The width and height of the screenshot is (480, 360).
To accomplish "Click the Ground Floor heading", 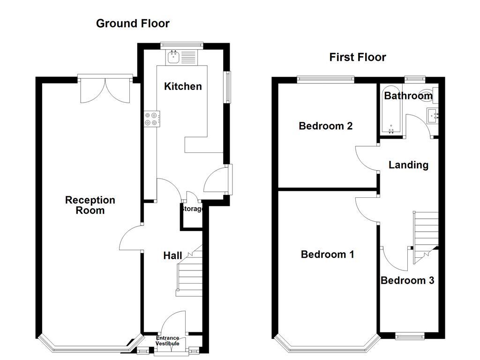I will (x=133, y=23).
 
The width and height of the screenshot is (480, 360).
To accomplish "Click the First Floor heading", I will (x=358, y=57).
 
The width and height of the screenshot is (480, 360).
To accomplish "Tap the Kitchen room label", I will (x=183, y=86).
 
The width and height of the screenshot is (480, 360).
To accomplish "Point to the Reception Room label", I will (x=90, y=205).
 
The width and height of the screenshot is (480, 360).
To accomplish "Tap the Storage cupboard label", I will (x=192, y=209).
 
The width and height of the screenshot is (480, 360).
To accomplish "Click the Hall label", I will (x=172, y=255).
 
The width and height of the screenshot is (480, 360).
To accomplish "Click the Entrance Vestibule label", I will (x=168, y=341).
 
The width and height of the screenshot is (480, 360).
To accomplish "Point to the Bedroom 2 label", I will (x=325, y=126).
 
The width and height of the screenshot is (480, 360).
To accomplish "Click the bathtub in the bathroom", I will (x=390, y=110).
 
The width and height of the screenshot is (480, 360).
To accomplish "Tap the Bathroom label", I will (x=408, y=96).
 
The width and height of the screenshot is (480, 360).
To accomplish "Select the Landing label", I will (x=408, y=165).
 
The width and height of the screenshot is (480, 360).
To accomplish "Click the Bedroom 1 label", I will (x=327, y=255).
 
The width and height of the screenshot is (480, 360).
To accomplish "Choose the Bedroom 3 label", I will (x=407, y=281).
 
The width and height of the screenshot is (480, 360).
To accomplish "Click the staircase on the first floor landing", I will (x=426, y=232).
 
